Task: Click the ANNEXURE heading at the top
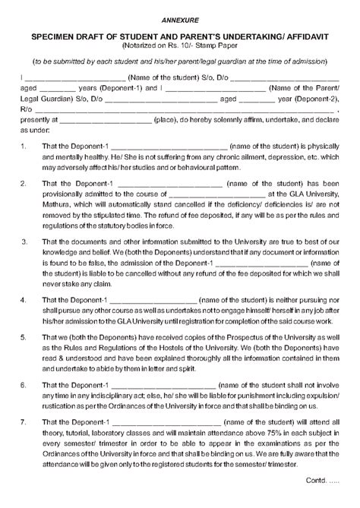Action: [179, 17]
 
